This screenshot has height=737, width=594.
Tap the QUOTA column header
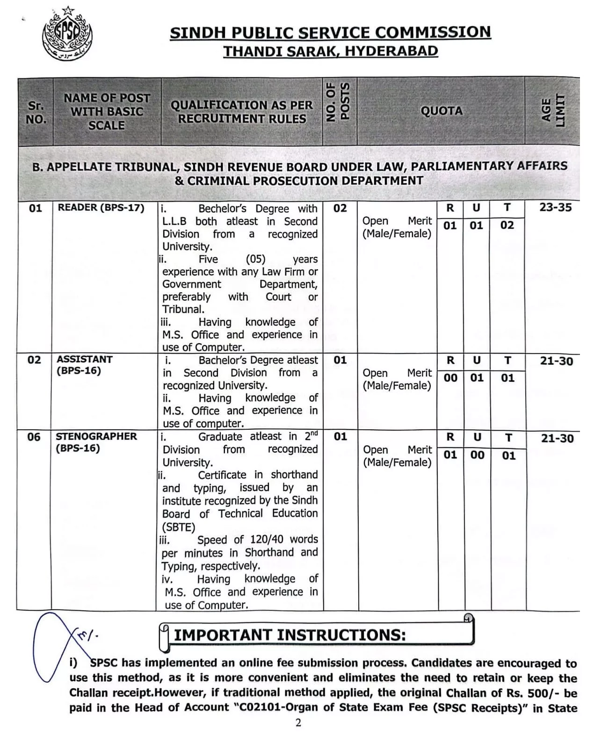pos(441,111)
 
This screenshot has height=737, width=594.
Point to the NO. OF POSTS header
pos(339,102)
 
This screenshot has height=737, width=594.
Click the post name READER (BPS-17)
pos(101,208)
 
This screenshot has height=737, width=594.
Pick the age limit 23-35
pos(555,207)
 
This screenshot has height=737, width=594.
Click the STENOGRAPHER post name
pos(96,436)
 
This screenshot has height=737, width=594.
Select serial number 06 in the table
pos(34,437)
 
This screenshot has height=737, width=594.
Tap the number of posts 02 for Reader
pos(340,208)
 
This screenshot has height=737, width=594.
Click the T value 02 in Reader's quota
pos(507,225)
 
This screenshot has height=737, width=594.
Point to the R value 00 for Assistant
pos(450,378)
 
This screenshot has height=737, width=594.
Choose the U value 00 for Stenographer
pos(477,455)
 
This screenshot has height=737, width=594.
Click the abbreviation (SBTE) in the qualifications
pos(179,527)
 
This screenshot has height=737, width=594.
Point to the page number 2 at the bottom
pos(298,723)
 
